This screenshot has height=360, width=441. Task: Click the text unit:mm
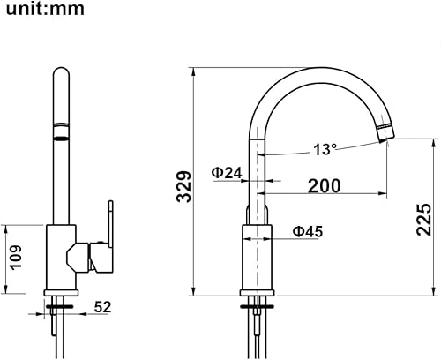(45, 9)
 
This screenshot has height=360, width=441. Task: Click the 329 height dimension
(184, 186)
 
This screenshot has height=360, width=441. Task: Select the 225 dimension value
(423, 220)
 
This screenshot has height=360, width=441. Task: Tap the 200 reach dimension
(325, 185)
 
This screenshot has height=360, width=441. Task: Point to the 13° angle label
(325, 149)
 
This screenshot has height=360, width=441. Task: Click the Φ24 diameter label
(227, 173)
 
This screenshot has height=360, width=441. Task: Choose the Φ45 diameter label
(308, 231)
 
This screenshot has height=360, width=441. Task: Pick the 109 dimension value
(16, 258)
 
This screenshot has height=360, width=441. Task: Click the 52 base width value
(102, 307)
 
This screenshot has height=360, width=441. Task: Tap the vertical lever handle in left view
(110, 224)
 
